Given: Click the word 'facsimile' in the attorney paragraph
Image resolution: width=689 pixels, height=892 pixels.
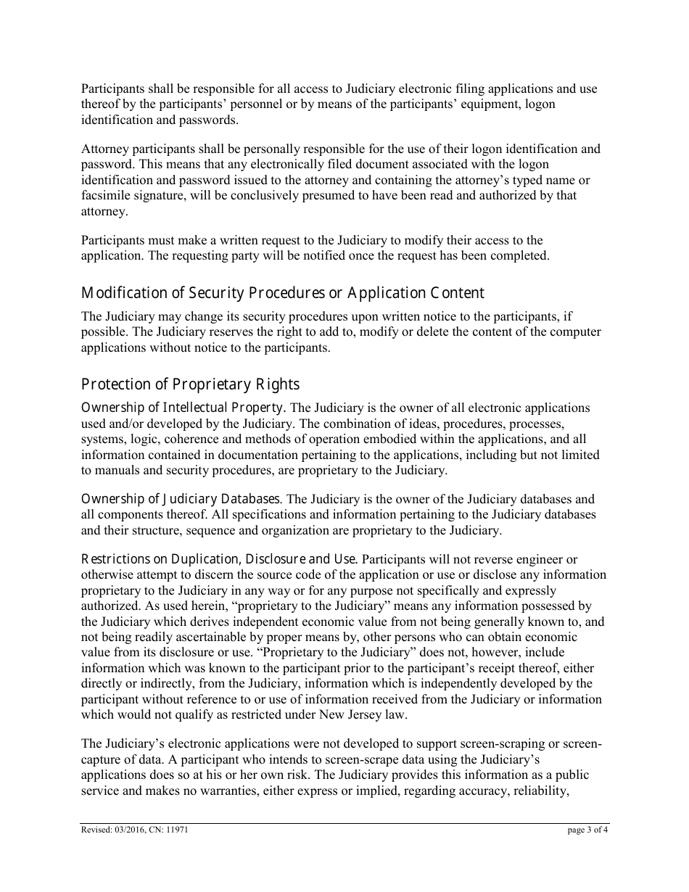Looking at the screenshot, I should pyautogui.click(x=106, y=196).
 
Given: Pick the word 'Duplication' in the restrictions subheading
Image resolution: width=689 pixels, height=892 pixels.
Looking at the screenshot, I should pyautogui.click(x=205, y=559).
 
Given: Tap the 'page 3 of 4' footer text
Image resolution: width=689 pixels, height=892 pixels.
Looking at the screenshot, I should pyautogui.click(x=587, y=831).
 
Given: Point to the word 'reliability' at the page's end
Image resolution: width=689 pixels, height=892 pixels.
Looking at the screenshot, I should pyautogui.click(x=538, y=790).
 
